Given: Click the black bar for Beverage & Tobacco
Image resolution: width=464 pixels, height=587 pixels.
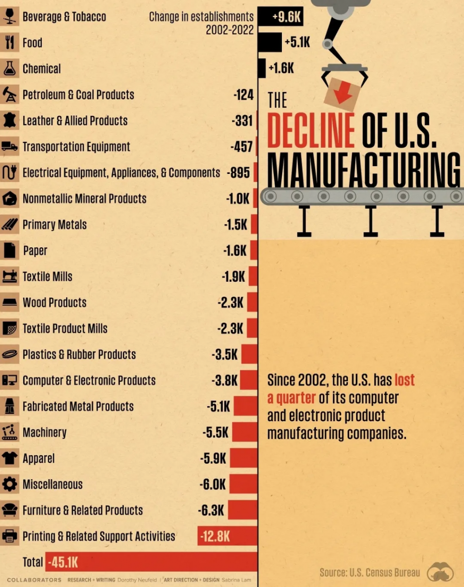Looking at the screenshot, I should click(x=280, y=17).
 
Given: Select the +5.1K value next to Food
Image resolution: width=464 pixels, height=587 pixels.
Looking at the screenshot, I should click(x=297, y=43).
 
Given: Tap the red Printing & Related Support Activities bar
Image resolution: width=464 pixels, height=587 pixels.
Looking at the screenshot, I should click(x=227, y=536).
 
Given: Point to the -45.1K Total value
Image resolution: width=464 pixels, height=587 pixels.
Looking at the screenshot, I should click(x=63, y=563).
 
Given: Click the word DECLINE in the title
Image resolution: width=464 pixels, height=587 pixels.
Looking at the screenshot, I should click(x=311, y=131).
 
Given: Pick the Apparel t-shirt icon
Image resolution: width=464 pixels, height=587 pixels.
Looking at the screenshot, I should click(x=10, y=458).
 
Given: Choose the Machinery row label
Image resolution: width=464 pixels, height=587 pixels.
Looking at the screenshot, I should click(x=44, y=433).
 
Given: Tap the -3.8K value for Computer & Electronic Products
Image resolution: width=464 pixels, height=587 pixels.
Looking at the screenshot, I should click(x=224, y=380).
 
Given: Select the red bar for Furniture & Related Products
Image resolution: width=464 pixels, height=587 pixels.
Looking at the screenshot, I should click(x=243, y=510).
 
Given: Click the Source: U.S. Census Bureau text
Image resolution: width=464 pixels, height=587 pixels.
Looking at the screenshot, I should click(x=370, y=573).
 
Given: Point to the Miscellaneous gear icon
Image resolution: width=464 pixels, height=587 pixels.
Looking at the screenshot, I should click(x=10, y=484).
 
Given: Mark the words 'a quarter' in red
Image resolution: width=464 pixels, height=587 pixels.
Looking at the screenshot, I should click(x=291, y=398).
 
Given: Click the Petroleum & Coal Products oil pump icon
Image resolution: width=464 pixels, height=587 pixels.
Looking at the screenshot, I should click(x=10, y=95).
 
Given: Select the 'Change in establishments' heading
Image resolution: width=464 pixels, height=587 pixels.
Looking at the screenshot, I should click(x=201, y=17).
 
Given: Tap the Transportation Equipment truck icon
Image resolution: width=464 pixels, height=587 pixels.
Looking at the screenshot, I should click(x=10, y=146).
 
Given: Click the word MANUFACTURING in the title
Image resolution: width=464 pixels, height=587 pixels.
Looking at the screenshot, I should click(x=364, y=170).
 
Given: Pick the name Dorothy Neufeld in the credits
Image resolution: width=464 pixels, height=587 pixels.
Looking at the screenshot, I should click(x=137, y=580).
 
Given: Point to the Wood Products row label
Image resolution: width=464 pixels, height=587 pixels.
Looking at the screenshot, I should click(x=54, y=303).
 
